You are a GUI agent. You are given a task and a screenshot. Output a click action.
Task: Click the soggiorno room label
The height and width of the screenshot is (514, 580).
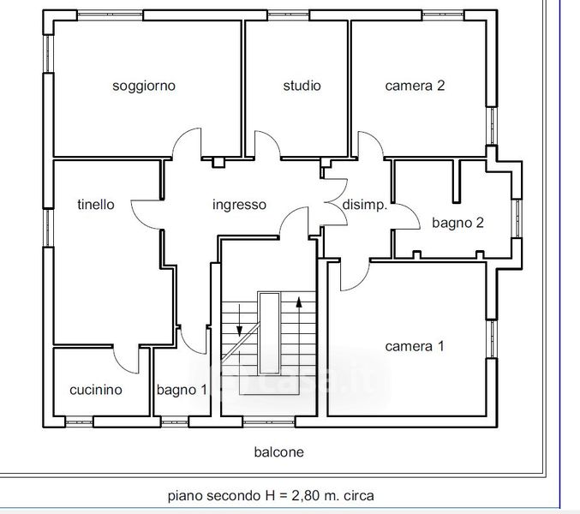point(144,87)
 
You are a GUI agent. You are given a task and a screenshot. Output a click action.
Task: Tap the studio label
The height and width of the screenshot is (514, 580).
point(302,86)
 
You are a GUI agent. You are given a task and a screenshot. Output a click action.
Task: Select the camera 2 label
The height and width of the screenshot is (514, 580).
point(415,86)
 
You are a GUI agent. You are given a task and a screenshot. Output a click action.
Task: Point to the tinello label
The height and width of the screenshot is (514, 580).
point(96,204)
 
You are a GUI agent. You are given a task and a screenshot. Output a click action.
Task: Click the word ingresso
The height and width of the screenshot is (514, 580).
point(239,205)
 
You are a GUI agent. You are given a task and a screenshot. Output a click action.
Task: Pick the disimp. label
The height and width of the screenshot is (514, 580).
point(365,206)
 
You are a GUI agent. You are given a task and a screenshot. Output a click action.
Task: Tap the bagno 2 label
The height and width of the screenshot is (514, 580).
point(458,223)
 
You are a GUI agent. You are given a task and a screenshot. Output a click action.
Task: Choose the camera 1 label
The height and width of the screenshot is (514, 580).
point(415,346)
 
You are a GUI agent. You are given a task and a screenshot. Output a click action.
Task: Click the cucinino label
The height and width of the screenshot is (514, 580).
point(96,390)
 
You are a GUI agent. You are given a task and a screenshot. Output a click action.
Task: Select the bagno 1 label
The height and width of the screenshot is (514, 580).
point(182,390)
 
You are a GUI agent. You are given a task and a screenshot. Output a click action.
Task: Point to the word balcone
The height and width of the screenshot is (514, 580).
point(279,451)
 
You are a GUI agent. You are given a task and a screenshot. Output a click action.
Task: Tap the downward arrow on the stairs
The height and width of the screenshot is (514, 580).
point(239,320)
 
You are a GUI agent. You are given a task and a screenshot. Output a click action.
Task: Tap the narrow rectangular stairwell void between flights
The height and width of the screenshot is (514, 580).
point(269,332)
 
